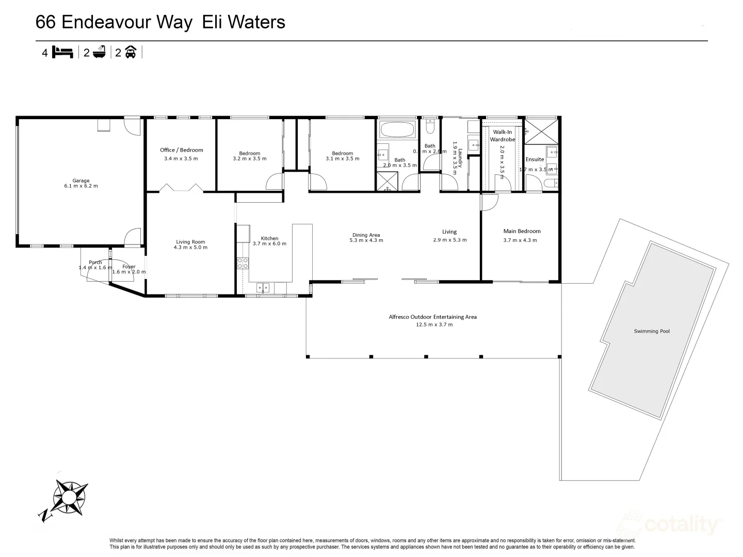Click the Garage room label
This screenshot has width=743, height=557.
click(80, 181)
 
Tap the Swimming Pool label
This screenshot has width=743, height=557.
click(652, 331)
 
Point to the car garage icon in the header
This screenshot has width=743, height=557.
click(131, 52)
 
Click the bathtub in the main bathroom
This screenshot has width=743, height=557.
click(396, 129)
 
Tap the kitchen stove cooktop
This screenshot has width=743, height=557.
click(243, 263)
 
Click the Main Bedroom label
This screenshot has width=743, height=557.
click(522, 231)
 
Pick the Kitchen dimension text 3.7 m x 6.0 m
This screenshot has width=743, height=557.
click(269, 244)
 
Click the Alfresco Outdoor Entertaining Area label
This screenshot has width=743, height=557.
click(432, 317)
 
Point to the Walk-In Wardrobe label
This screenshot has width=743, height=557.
click(502, 136)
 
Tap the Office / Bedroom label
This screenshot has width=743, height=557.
click(181, 150)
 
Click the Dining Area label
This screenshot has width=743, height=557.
click(366, 235)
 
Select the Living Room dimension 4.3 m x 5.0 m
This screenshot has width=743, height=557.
click(190, 248)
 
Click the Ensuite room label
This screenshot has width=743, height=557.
click(535, 159)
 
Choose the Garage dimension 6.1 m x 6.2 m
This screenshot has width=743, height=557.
click(80, 186)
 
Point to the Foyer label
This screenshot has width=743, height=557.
click(129, 267)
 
